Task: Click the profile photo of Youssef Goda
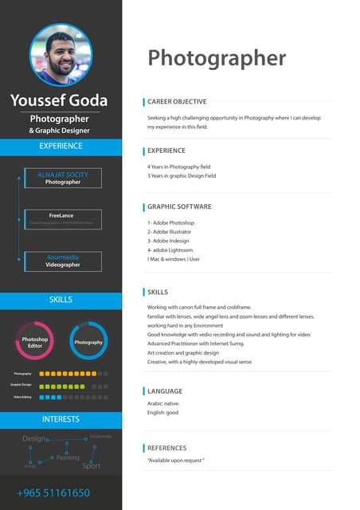[x=61, y=54]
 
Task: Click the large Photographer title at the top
[x=216, y=57]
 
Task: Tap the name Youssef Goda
[x=61, y=100]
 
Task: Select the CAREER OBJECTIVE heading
[x=177, y=102]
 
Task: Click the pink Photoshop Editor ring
[x=35, y=343]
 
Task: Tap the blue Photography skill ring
[x=88, y=343]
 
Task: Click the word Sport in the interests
[x=92, y=465]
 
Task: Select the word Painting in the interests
[x=68, y=457]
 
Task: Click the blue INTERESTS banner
[x=61, y=419]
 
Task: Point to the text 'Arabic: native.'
[x=163, y=404]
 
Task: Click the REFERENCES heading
[x=172, y=448]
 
